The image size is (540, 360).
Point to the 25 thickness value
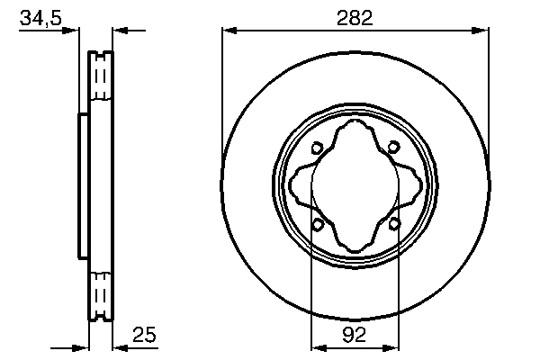click(x=144, y=335)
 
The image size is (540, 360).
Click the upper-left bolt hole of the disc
click(x=317, y=149)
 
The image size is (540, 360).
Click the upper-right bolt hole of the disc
click(x=395, y=149)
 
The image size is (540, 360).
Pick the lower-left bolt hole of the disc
click(x=317, y=224)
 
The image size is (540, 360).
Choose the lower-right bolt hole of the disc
click(x=395, y=224)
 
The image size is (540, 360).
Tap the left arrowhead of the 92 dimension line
click(x=316, y=346)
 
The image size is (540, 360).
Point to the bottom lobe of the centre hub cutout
click(x=355, y=245)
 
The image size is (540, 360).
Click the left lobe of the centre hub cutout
click(x=300, y=186)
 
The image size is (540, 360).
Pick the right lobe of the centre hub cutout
click(x=413, y=186)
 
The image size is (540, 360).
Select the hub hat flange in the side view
click(x=84, y=186)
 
